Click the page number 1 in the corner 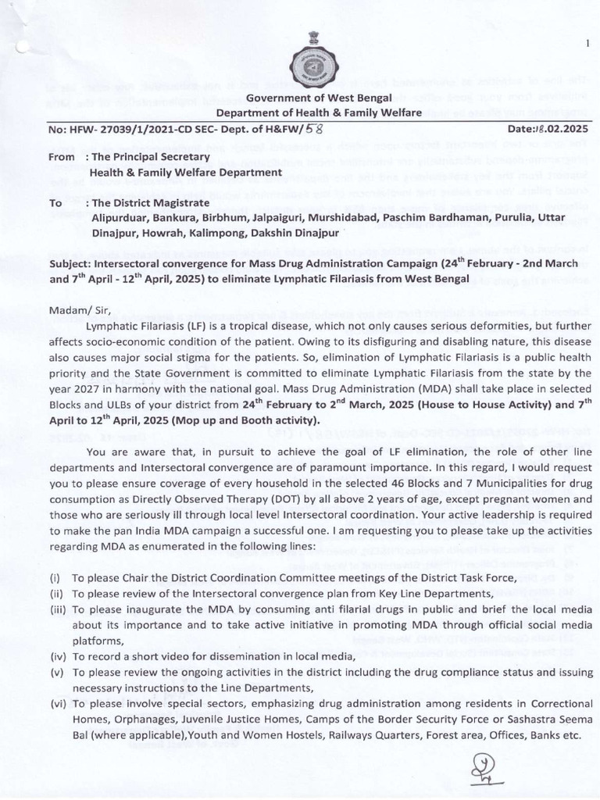(x=586, y=42)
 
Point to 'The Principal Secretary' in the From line (x=145, y=154)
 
